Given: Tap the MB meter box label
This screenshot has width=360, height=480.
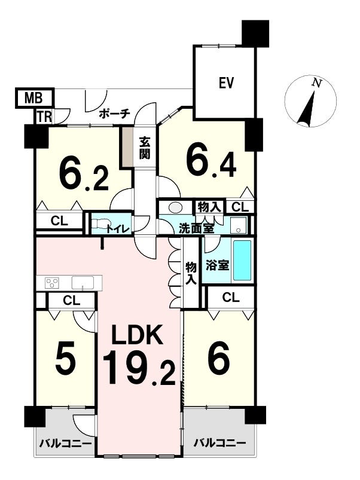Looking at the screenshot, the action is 33,99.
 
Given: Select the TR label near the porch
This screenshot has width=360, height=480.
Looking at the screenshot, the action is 44,117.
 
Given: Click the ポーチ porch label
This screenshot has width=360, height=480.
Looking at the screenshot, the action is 115,114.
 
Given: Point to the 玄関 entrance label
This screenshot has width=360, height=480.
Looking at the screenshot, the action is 145,148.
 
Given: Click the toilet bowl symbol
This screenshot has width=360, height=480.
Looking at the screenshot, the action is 99,224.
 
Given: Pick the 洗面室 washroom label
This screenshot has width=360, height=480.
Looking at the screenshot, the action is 196,229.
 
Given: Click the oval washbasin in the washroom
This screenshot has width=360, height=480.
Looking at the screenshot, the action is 175,207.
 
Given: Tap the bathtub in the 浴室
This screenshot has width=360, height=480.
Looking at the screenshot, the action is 242,260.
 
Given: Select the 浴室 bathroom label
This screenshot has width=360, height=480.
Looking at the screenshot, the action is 217,265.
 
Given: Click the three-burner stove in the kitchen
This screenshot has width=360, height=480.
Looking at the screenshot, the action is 52,282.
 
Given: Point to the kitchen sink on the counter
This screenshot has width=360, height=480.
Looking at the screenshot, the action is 83,282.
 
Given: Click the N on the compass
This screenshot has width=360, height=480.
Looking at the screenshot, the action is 316,83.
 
